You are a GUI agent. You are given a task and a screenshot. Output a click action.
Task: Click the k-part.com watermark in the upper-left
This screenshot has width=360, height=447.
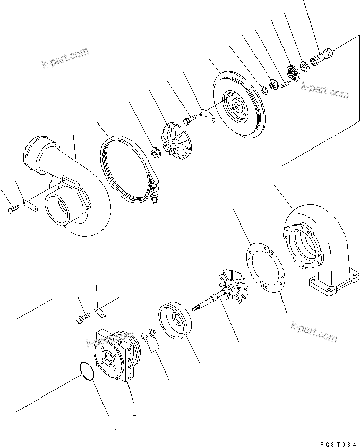click(65, 58)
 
